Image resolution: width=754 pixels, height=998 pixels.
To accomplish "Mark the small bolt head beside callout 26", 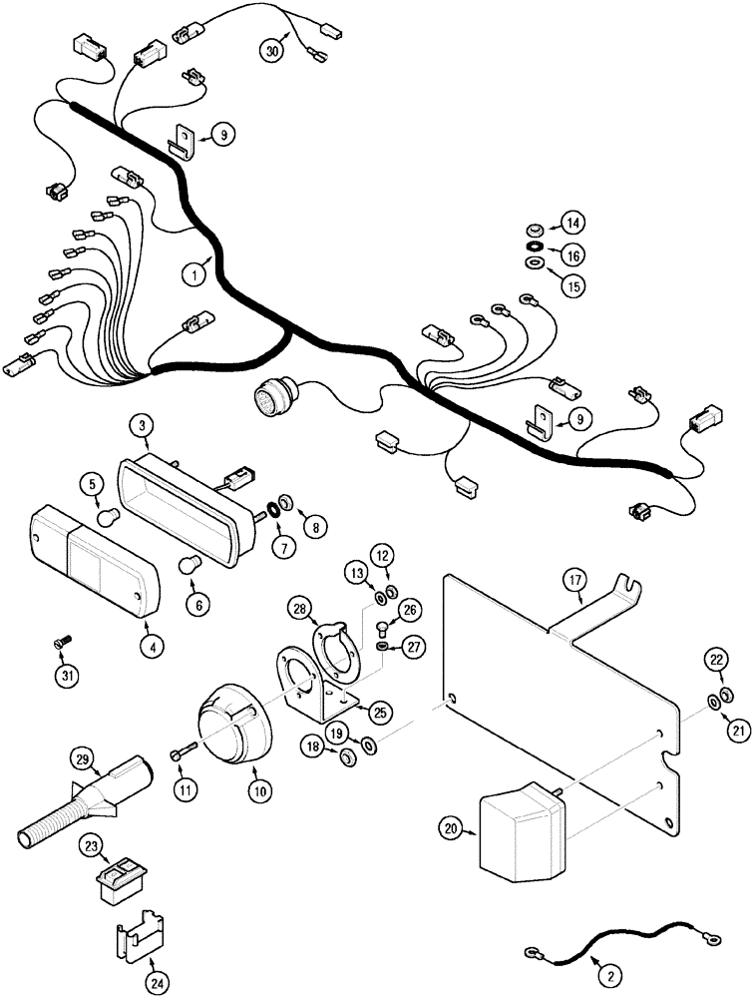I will coord(384,627).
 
